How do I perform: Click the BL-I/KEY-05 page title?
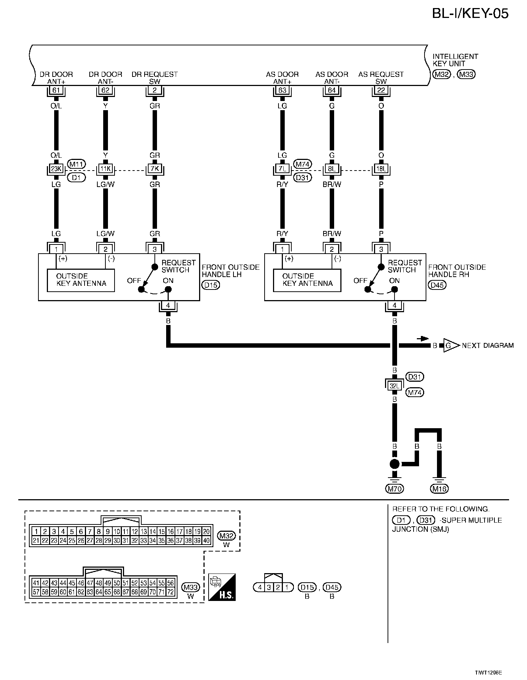(470, 14)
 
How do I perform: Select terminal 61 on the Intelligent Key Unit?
(56, 90)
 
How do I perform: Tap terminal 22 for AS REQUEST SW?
(381, 90)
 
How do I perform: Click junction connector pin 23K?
(56, 169)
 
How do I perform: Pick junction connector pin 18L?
(381, 169)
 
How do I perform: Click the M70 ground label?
(395, 488)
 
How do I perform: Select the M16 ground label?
(440, 488)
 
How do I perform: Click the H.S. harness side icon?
(222, 587)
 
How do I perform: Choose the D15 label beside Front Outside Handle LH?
(210, 285)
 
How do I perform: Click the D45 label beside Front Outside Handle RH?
(437, 285)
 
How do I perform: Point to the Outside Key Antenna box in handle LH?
(81, 280)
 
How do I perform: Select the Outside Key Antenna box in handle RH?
(307, 280)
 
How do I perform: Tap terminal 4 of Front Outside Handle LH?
(168, 306)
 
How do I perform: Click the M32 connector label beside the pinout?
(226, 536)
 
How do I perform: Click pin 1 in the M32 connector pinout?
(36, 532)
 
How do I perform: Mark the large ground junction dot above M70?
(395, 464)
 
